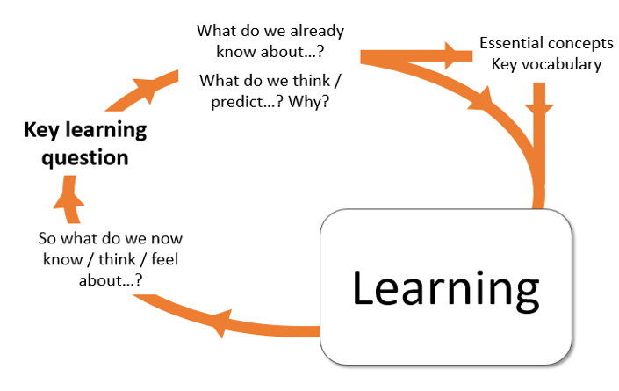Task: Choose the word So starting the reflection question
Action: (x=49, y=238)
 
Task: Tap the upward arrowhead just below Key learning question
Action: (x=69, y=202)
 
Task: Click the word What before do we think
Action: (x=221, y=81)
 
